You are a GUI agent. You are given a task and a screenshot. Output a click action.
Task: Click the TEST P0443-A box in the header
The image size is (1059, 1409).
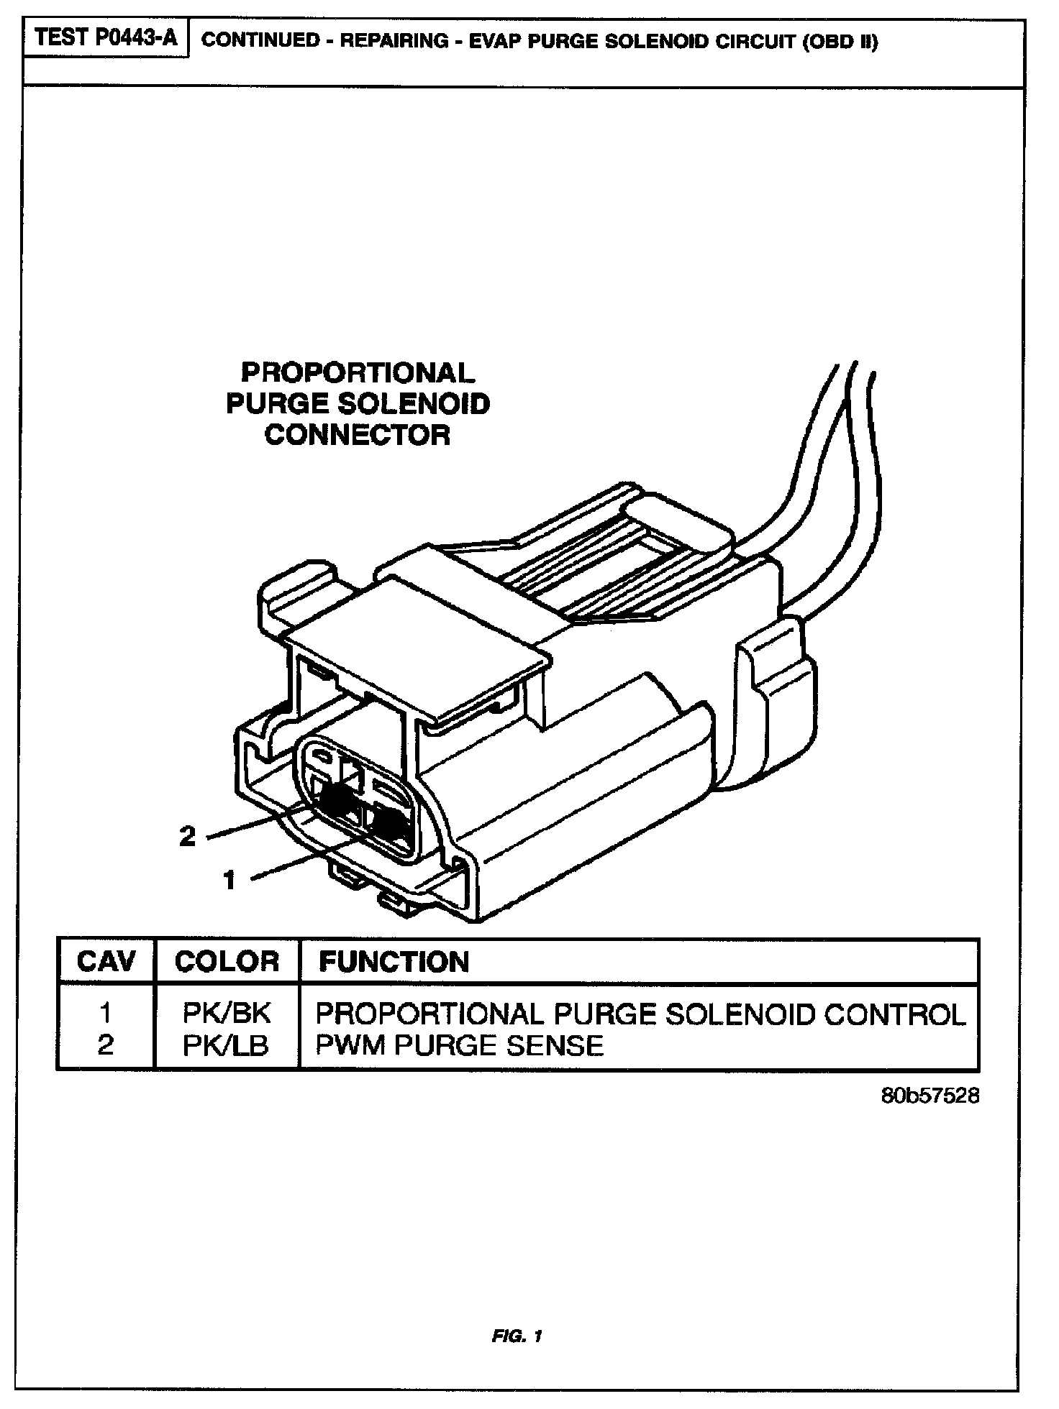click(106, 38)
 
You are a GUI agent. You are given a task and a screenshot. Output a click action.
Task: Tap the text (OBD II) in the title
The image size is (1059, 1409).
click(840, 41)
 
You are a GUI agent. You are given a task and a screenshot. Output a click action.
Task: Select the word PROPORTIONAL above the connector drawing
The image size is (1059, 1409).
click(358, 372)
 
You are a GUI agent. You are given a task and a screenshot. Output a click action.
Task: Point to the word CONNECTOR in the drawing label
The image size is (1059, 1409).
click(358, 434)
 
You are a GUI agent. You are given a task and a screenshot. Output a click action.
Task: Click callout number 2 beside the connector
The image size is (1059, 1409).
click(187, 836)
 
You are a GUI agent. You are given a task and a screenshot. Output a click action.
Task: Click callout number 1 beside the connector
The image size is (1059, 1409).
click(229, 879)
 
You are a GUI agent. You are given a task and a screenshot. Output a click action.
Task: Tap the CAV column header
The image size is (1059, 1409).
click(106, 962)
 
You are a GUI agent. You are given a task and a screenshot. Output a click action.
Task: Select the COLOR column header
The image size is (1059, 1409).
click(227, 962)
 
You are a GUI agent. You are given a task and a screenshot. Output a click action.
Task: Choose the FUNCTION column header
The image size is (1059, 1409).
click(394, 962)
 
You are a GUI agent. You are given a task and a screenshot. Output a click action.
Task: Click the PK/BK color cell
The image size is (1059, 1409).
click(227, 1013)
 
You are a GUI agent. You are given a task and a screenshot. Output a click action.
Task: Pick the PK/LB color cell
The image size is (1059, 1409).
click(227, 1045)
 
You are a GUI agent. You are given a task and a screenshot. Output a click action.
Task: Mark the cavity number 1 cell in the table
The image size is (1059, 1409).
click(106, 1013)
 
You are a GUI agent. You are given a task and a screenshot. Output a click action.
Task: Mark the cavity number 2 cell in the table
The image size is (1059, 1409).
click(106, 1045)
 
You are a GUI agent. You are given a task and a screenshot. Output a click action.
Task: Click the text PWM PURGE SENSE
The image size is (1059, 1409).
click(459, 1045)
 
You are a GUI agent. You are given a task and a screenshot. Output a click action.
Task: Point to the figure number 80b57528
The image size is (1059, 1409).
click(930, 1096)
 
